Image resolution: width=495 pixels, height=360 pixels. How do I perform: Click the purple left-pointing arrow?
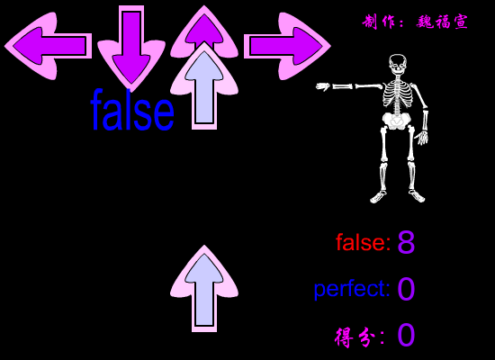pos(48,46)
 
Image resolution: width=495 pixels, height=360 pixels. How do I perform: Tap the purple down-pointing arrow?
pos(131,48)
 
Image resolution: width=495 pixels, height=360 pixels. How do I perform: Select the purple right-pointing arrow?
pos(287,46)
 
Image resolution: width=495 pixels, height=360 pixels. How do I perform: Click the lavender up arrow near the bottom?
pos(204,288)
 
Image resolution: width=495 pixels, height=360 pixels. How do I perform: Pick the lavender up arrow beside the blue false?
pos(204,85)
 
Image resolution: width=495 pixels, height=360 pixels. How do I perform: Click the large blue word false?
pos(132,111)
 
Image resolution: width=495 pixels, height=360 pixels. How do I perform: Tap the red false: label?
pos(363,242)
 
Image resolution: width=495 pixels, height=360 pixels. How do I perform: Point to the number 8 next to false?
pos(406,242)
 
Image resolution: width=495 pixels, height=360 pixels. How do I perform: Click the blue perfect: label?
pos(352,289)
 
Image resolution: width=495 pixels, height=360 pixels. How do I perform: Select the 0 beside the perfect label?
pos(406,289)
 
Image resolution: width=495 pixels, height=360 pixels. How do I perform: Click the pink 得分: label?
pos(360,337)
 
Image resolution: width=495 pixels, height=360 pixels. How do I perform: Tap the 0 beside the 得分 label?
pos(406,335)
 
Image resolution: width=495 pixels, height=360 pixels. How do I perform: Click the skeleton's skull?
pos(398,65)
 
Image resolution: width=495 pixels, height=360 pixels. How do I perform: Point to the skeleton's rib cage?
pos(398,94)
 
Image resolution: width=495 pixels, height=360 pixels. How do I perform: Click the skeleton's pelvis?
pos(396,121)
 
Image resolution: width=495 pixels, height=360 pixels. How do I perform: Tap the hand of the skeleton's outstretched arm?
pos(323,86)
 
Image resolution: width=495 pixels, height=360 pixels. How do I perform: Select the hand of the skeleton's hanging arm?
pos(422,138)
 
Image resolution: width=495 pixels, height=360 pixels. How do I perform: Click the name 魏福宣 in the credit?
pos(442,22)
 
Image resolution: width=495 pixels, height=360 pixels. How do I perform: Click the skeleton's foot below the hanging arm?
pos(417,196)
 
